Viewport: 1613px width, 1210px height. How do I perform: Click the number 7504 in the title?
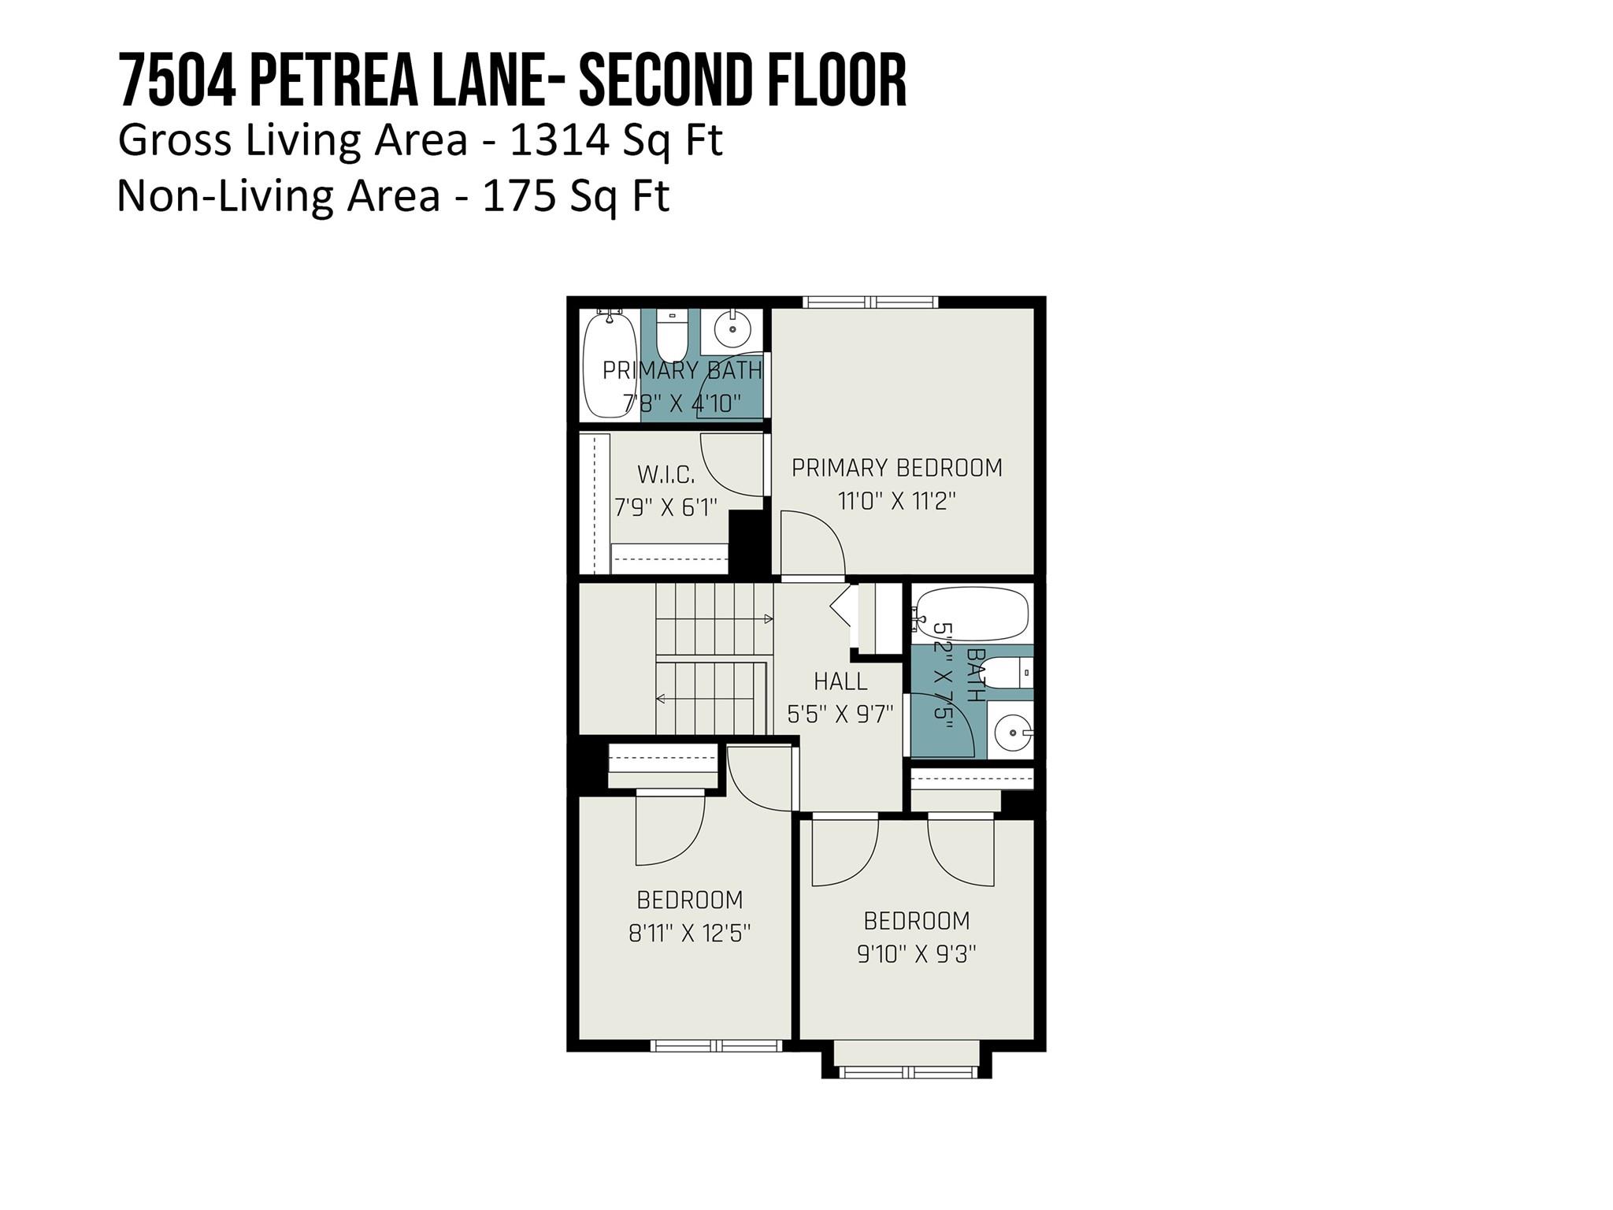tap(177, 81)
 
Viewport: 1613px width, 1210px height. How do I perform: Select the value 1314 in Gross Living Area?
tap(559, 141)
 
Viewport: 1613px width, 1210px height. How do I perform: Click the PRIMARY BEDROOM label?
tap(896, 468)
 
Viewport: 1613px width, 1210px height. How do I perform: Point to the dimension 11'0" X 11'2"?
tap(896, 501)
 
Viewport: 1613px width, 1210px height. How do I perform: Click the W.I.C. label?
tap(666, 475)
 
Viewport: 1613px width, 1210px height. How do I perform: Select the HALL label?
tap(840, 681)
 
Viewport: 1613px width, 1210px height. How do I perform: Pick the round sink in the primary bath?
tap(733, 328)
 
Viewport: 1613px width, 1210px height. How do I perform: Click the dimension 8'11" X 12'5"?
tap(689, 933)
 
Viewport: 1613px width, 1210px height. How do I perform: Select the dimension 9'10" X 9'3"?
tap(916, 955)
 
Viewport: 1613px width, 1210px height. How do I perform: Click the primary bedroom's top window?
tap(870, 302)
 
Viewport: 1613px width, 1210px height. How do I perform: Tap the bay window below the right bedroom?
tap(907, 1072)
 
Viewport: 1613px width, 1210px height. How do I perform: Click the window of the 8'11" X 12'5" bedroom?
tap(716, 1046)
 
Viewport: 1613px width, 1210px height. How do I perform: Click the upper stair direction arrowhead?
tap(769, 619)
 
